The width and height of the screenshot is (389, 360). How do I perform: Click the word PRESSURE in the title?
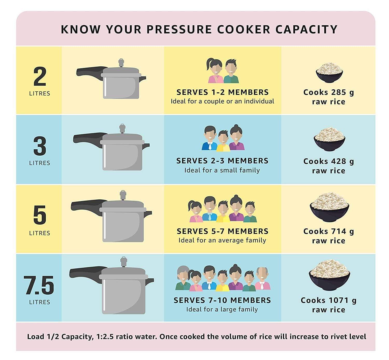179,29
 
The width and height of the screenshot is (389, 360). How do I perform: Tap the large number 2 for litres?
40,76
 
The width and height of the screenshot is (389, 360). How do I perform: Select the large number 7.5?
39,285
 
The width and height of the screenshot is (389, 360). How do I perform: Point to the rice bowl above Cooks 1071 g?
329,275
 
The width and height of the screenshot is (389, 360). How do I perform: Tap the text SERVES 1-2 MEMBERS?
223,92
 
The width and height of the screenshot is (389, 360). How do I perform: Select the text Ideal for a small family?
222,170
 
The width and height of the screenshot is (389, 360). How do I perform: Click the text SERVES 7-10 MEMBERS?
222,300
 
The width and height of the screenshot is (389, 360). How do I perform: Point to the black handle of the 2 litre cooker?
89,72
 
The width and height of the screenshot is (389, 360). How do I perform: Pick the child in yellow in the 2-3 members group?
223,141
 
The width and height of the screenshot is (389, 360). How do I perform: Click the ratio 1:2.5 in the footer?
105,337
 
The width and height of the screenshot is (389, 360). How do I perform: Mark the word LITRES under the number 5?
40,233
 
